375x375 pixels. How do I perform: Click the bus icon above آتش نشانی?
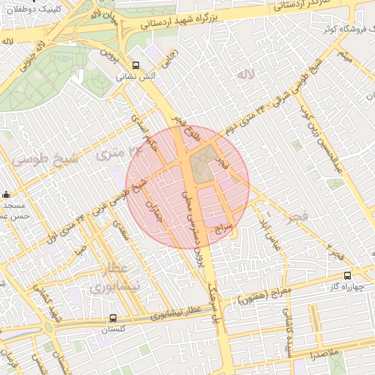(x=135, y=64)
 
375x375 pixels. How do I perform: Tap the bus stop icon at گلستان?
(x=113, y=318)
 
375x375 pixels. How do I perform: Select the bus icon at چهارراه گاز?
(x=347, y=276)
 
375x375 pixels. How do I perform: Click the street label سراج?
(x=223, y=229)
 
